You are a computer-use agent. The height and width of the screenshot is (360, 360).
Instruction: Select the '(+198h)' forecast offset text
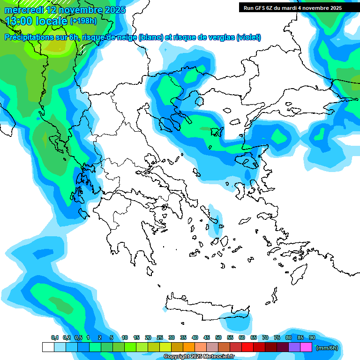point(83,21)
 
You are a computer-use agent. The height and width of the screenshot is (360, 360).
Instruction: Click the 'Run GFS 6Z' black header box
point(292,7)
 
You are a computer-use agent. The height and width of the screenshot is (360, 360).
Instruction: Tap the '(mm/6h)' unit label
point(327,348)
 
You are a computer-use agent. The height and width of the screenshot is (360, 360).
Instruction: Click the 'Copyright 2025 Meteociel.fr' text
point(199,357)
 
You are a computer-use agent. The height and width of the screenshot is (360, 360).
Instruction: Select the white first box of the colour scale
point(48,347)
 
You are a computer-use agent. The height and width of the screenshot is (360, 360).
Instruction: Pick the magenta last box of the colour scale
point(306,347)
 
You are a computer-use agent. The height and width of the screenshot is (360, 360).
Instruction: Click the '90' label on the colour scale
point(312,337)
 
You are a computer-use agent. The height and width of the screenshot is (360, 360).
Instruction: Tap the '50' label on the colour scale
point(218,337)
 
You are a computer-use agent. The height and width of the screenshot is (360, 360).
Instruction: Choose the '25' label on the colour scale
point(160,337)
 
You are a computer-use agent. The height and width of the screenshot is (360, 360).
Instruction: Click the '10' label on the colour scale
point(125,337)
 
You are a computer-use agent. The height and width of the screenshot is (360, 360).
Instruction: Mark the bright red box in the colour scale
point(247,347)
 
